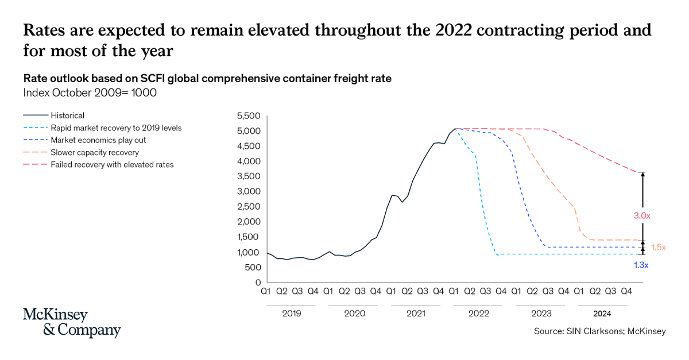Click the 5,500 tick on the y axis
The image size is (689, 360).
(249, 116)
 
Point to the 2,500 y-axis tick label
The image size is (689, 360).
(249, 207)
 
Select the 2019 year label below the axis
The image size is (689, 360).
(291, 313)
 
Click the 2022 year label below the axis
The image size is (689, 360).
(478, 313)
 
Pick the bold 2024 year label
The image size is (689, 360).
(602, 313)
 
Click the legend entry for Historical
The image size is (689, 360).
(67, 115)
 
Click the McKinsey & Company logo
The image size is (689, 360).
(72, 323)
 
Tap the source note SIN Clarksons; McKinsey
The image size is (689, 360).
(599, 331)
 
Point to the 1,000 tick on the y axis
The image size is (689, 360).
(249, 252)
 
